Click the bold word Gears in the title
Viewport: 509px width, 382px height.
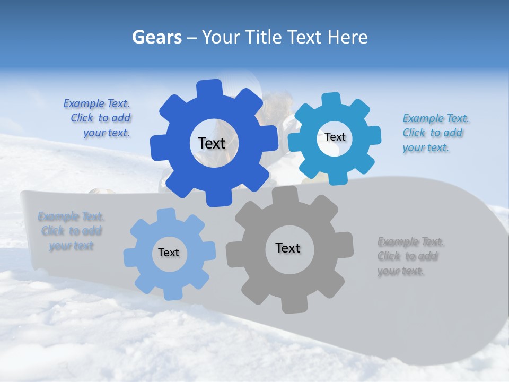click(156, 37)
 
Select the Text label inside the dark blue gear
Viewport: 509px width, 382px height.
click(212, 143)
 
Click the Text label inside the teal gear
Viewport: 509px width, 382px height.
click(335, 137)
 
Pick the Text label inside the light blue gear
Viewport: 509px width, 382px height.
click(169, 253)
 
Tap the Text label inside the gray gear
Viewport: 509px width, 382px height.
click(288, 248)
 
